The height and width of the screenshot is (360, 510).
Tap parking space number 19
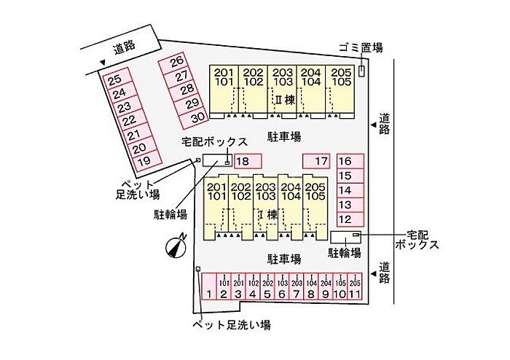coord(144,160)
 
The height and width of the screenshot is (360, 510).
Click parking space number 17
coord(318,161)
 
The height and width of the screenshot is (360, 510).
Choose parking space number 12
coord(347,219)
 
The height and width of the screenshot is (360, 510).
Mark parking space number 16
coord(347,161)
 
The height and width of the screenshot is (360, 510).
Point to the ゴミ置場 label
coord(361,48)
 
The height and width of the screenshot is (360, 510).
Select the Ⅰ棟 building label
coord(268,214)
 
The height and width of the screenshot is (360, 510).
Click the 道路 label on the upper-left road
coord(124,48)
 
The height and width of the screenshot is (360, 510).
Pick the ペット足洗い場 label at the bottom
coord(231,325)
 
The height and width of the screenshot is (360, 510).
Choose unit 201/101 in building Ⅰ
coord(216,192)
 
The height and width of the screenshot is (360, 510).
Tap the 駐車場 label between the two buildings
coord(284,136)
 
